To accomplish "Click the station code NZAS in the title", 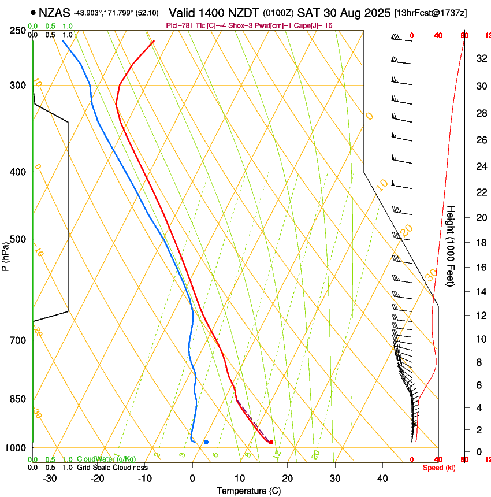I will pyautogui.click(x=54, y=12).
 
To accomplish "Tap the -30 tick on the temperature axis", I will pyautogui.click(x=50, y=479).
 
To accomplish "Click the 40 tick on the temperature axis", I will pyautogui.click(x=382, y=479).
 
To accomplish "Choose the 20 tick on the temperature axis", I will pyautogui.click(x=288, y=479).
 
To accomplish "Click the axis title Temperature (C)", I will pyautogui.click(x=248, y=491).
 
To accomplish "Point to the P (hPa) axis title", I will pyautogui.click(x=6, y=255).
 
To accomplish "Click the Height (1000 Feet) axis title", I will pyautogui.click(x=451, y=246).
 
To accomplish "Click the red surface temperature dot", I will pyautogui.click(x=271, y=442).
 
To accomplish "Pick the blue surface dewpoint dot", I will pyautogui.click(x=206, y=442).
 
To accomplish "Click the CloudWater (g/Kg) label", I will pyautogui.click(x=106, y=459).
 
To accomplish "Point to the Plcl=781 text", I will pyautogui.click(x=177, y=25).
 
